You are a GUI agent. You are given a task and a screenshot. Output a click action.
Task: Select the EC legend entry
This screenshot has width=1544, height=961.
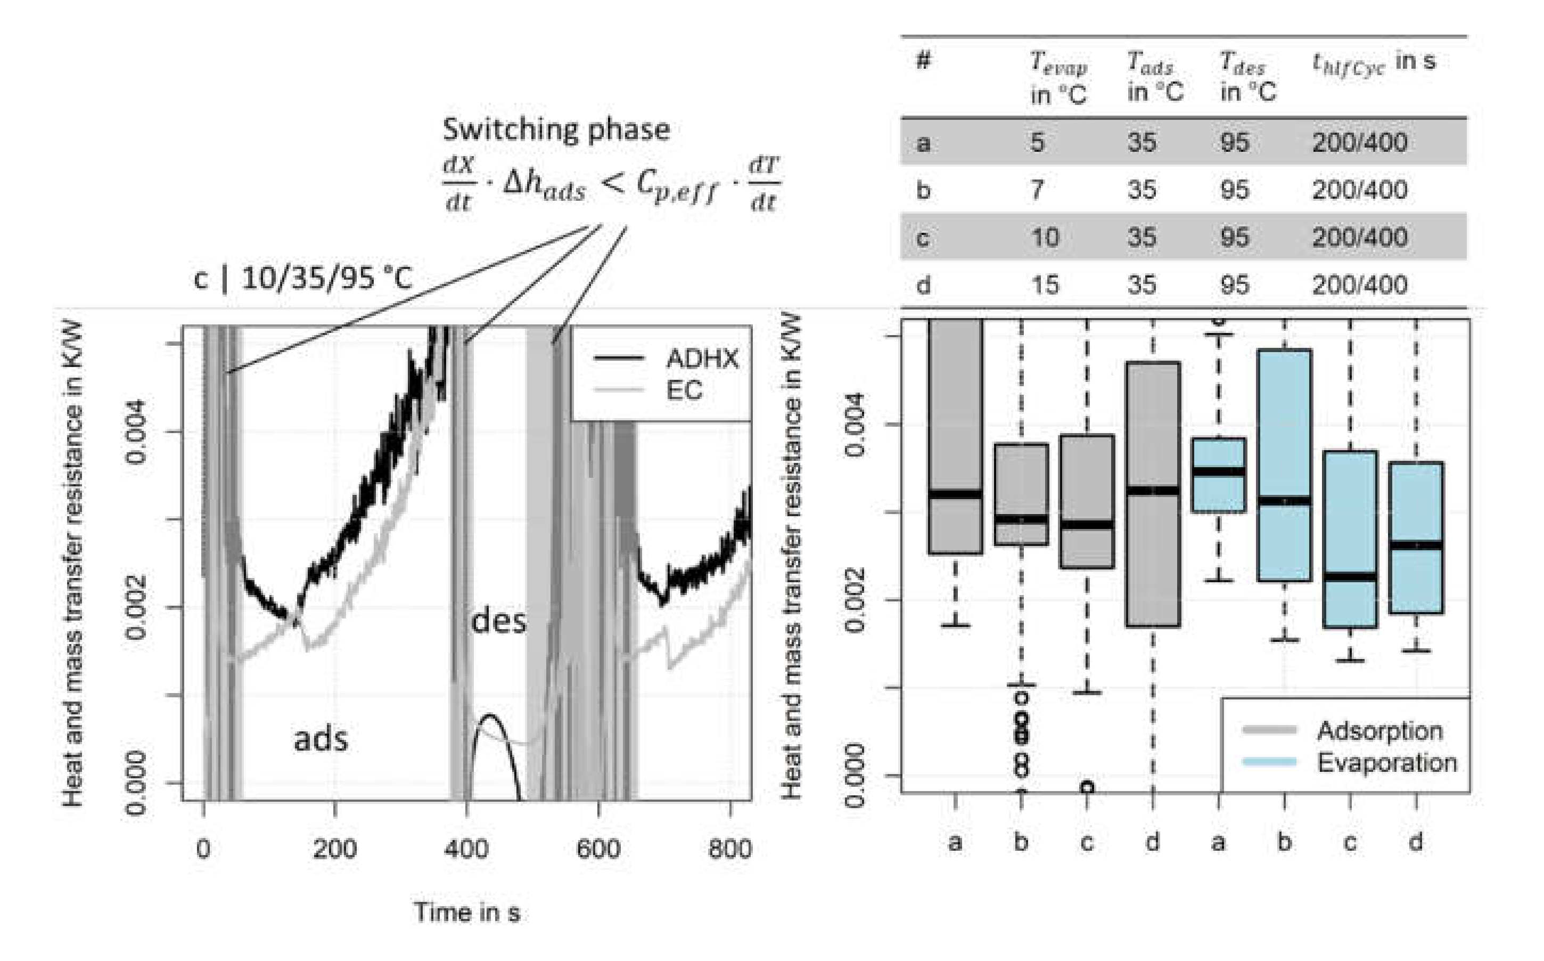click(684, 389)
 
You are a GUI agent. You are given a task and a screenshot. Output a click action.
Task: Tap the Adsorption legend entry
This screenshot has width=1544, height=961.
click(1379, 731)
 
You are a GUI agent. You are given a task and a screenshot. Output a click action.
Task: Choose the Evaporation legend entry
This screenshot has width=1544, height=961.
click(1386, 763)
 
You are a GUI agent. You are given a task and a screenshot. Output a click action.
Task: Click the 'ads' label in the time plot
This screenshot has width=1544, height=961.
click(321, 740)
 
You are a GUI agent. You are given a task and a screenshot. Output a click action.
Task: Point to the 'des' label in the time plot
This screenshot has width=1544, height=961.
click(498, 621)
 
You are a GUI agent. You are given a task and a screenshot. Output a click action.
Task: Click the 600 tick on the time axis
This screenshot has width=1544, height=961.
click(598, 849)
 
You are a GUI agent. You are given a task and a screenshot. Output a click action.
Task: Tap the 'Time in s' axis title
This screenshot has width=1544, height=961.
click(467, 913)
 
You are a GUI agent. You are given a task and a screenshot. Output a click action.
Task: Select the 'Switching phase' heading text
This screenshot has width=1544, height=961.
click(556, 129)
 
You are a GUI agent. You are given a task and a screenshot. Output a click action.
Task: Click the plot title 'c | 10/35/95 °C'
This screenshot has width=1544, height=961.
click(303, 279)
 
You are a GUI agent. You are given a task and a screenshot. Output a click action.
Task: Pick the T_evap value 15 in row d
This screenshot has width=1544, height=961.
click(1045, 285)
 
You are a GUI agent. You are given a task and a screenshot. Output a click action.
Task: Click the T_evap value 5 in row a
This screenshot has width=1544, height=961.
click(1037, 142)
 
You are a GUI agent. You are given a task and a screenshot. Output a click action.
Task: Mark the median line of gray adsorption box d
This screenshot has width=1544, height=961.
click(1153, 491)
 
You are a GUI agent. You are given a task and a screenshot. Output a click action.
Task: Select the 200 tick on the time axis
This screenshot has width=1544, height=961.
click(335, 849)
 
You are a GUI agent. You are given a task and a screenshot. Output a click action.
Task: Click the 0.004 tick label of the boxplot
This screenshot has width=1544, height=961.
click(855, 425)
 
